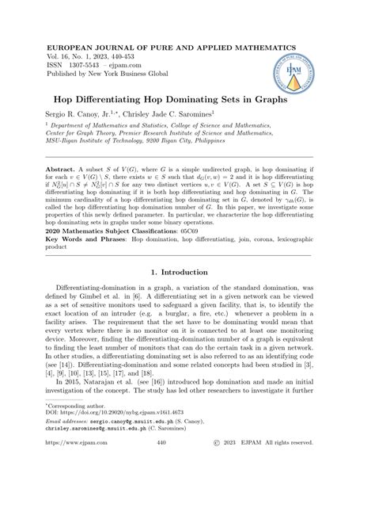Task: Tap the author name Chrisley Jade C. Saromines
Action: tap(172, 116)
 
